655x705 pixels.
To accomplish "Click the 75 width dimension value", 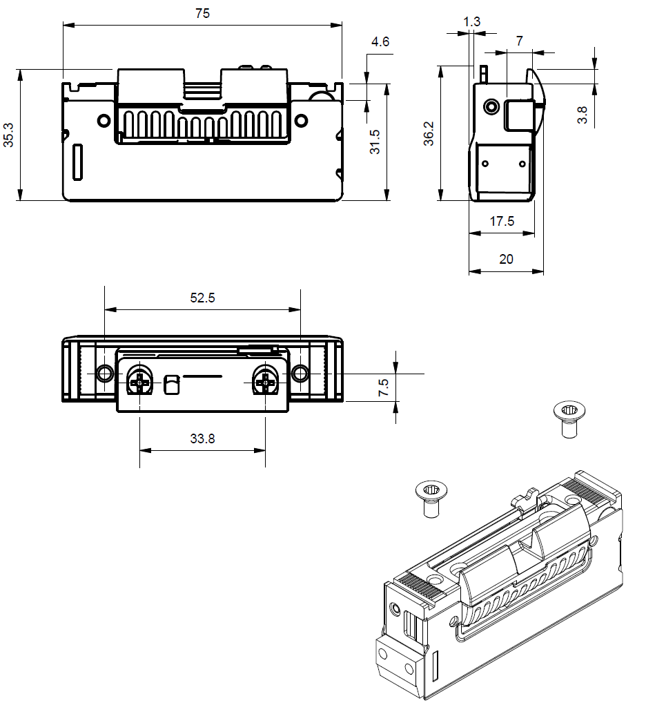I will point(202,12).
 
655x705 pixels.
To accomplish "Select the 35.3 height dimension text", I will point(8,135).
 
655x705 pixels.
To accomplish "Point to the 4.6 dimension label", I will point(380,41).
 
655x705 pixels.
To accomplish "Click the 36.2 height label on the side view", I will point(429,133).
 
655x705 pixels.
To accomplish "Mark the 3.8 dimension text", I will point(583,115).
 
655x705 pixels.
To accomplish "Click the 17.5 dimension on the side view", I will point(502,221).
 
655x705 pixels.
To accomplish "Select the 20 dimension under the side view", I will point(506,259).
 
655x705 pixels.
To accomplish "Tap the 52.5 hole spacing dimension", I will point(202,298).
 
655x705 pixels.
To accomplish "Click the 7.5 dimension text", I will point(384,388).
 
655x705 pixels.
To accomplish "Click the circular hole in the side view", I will point(491,107).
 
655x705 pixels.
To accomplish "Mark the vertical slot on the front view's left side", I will point(78,163).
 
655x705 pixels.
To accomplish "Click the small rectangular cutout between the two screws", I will point(171,383).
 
